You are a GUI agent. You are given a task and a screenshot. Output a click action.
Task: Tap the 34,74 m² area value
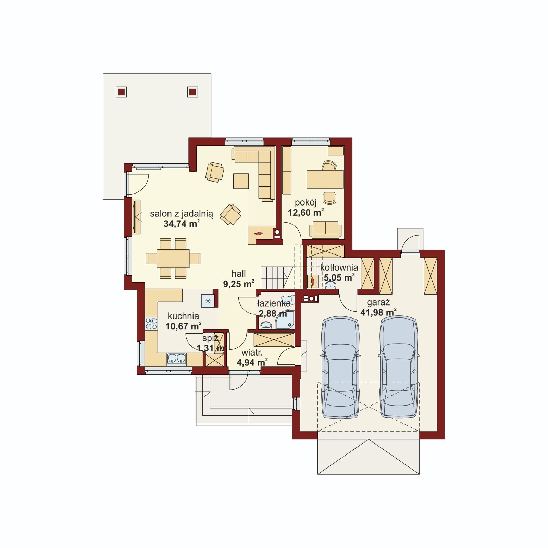click(182, 224)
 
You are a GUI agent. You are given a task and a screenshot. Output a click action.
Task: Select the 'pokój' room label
click(306, 203)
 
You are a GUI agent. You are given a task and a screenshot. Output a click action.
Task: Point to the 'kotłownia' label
click(339, 267)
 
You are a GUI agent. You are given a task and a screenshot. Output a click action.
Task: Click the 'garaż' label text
click(378, 303)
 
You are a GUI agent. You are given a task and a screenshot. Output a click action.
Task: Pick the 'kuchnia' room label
click(183, 316)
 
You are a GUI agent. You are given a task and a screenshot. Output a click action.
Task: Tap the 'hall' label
click(239, 274)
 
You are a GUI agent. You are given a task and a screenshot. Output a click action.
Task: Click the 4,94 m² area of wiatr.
click(252, 362)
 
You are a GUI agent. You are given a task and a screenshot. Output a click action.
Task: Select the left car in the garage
click(340, 367)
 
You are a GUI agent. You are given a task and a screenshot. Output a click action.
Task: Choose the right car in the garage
click(399, 367)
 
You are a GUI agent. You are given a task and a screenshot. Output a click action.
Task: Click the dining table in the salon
click(173, 258)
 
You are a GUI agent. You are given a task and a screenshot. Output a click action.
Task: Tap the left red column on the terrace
click(121, 92)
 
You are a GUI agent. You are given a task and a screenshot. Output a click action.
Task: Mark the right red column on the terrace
click(192, 92)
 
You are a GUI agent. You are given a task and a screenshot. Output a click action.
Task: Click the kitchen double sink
click(176, 359)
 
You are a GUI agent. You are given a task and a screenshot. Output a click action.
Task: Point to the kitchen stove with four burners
click(151, 324)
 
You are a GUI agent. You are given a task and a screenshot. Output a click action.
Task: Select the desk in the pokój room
click(325, 179)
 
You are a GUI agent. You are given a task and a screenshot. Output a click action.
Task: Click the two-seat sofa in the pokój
click(325, 229)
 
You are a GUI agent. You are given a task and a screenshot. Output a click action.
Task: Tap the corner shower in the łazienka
click(285, 320)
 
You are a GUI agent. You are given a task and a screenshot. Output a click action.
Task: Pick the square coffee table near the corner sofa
click(241, 181)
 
